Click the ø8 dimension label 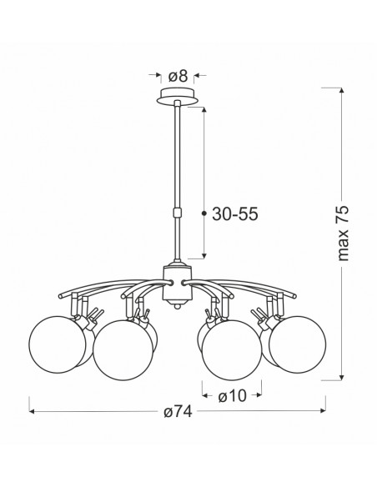(x=178, y=76)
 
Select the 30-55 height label (x=234, y=214)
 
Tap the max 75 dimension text (x=343, y=233)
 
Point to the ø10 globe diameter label (x=232, y=396)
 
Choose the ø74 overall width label (x=178, y=412)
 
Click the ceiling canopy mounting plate (x=178, y=96)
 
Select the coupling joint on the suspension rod (x=177, y=213)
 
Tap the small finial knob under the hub (x=178, y=306)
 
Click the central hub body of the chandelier (x=178, y=284)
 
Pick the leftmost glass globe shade (x=58, y=344)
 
